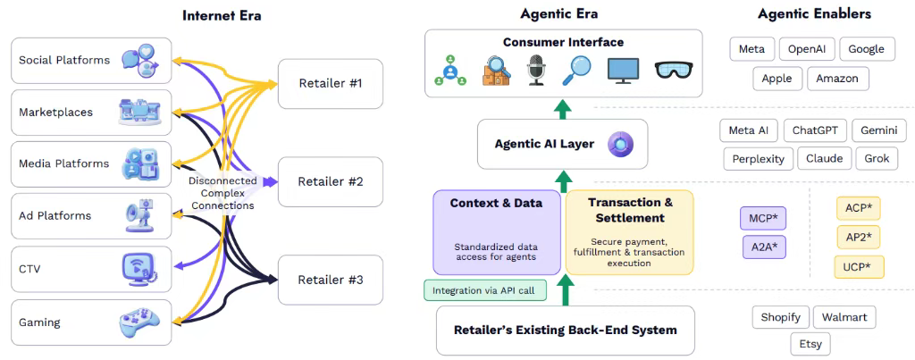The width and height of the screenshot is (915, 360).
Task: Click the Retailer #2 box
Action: [x=330, y=181]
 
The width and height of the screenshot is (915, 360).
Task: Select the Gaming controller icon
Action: [x=139, y=322]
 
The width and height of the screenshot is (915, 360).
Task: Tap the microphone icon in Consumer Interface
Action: [x=536, y=70]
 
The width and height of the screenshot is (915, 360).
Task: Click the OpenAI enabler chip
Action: [x=808, y=49]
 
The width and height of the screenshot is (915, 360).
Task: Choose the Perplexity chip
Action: [x=758, y=159]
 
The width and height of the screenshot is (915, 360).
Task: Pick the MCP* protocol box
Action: [x=762, y=219]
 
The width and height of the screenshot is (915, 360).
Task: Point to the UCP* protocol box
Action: [x=858, y=266]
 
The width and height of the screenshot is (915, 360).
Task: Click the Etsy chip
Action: [x=811, y=344]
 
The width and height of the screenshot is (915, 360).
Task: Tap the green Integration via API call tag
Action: [x=483, y=290]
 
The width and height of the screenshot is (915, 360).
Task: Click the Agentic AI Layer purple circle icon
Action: [x=619, y=144]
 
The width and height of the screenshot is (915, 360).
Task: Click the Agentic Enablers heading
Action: [x=813, y=14]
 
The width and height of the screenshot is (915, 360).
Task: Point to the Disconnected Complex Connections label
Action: [x=222, y=193]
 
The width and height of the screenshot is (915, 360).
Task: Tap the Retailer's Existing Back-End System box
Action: [x=566, y=330]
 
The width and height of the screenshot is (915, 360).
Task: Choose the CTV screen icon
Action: [x=139, y=268]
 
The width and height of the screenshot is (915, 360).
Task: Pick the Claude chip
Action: [x=824, y=159]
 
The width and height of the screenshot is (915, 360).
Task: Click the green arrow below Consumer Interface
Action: [x=562, y=109]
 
